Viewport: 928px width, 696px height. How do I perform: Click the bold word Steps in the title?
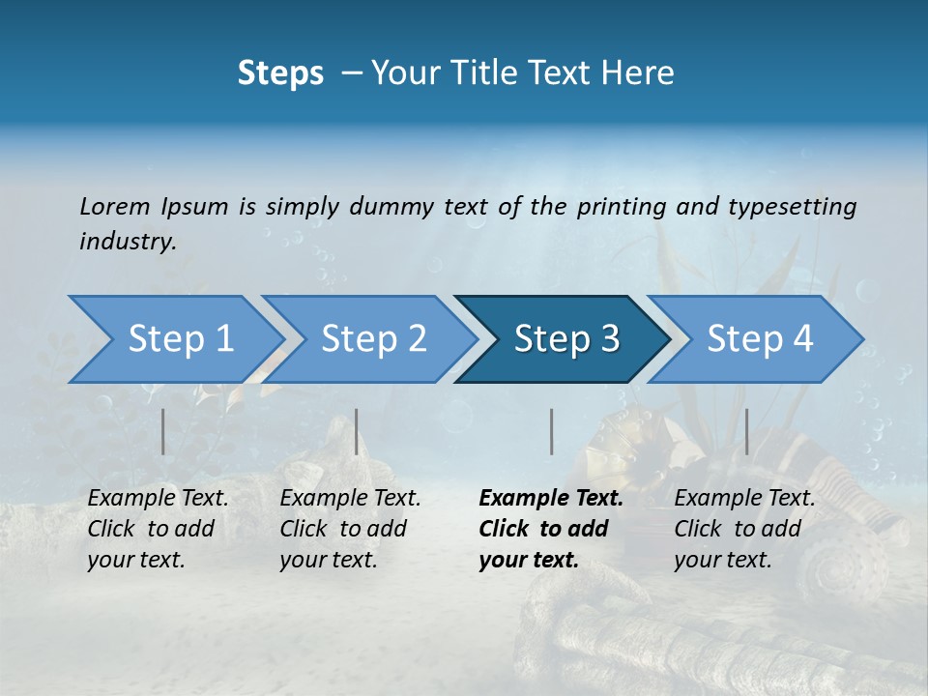point(280,73)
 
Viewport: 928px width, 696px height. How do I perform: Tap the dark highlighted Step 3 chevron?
point(566,339)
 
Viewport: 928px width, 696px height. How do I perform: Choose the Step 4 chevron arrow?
point(760,339)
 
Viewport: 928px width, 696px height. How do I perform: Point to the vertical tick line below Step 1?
point(163,431)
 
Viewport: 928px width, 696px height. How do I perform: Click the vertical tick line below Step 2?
point(357,431)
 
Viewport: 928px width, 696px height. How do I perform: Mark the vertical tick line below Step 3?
point(551,431)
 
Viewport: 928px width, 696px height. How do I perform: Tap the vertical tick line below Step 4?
point(746,431)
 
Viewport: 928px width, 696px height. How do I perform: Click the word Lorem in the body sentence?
point(115,206)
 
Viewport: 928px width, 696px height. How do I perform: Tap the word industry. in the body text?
point(129,242)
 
